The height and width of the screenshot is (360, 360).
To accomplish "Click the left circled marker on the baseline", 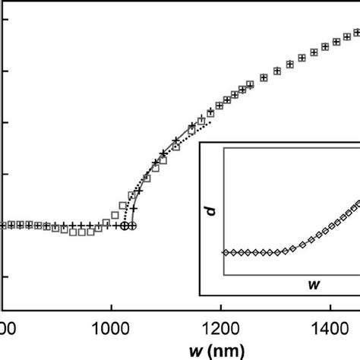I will pyautogui.click(x=125, y=226).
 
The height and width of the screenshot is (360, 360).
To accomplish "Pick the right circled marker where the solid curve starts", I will pyautogui.click(x=133, y=226).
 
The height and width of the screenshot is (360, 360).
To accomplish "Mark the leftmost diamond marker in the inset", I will pyautogui.click(x=225, y=252).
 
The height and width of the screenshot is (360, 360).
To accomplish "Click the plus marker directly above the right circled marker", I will pyautogui.click(x=134, y=208).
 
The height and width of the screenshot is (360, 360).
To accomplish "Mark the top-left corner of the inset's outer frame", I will pyautogui.click(x=199, y=141).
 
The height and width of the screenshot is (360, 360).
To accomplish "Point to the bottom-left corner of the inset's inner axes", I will pyautogui.click(x=223, y=275).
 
